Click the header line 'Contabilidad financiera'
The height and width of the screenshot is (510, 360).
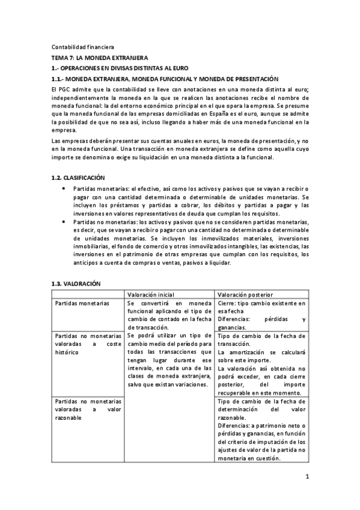pyautogui.click(x=82, y=47)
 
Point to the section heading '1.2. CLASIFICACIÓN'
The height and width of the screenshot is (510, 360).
pyautogui.click(x=78, y=177)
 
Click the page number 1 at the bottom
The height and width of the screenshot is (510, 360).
pyautogui.click(x=307, y=478)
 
